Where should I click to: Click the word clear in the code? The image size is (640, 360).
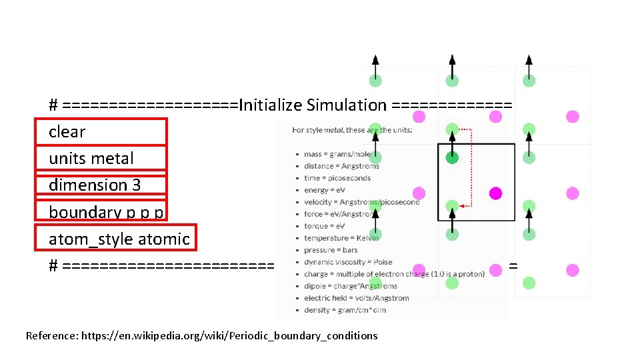[67, 132]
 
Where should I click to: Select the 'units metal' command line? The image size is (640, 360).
[91, 159]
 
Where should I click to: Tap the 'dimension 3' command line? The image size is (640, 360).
[95, 185]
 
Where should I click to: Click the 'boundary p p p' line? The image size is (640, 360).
[106, 212]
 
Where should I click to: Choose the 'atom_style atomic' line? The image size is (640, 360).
[119, 239]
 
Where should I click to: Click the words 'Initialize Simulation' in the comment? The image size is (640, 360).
[313, 105]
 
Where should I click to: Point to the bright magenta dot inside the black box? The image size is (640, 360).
[495, 193]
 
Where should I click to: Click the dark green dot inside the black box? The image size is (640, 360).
[452, 158]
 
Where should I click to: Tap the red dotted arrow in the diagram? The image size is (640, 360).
[470, 167]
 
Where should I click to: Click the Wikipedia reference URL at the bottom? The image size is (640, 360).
[229, 336]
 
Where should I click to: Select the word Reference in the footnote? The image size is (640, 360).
[51, 336]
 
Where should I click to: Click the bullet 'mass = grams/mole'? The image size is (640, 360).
[337, 154]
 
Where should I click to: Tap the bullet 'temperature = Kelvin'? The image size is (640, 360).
[341, 238]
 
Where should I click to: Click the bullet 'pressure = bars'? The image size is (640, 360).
[331, 250]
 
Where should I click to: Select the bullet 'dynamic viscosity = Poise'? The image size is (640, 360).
[348, 262]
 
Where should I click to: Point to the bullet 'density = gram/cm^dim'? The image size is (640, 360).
[345, 310]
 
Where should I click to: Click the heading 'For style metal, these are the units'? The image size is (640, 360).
[352, 130]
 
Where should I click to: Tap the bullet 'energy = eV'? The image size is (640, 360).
[325, 190]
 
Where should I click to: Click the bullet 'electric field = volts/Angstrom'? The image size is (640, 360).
[356, 298]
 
